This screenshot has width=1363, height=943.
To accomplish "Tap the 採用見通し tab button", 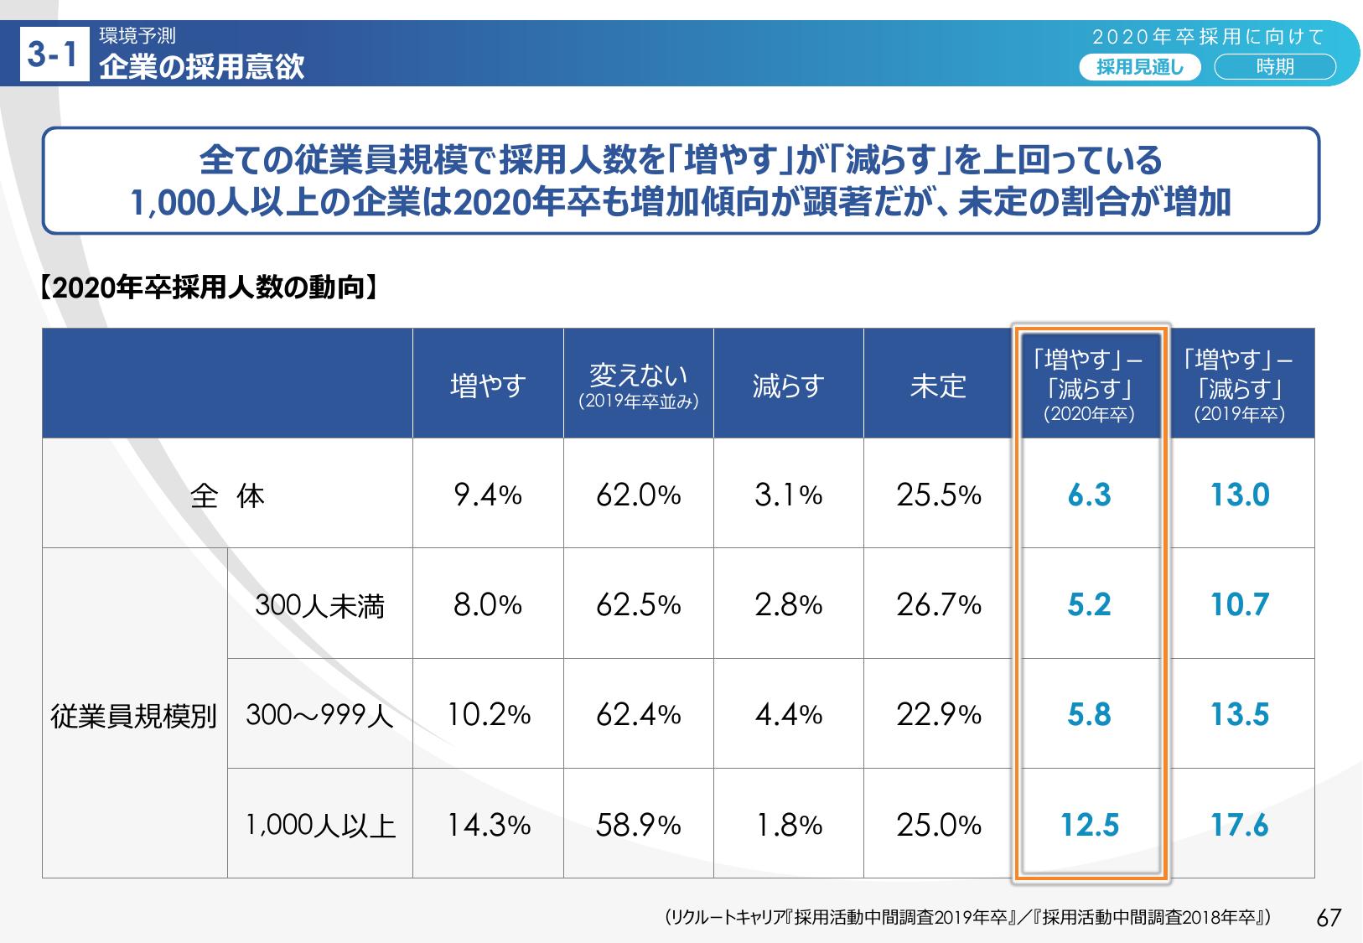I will point(1140,67).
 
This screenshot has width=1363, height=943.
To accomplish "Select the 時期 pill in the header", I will point(1274,67).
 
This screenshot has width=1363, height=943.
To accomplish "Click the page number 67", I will point(1329,917).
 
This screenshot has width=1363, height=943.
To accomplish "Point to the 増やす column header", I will point(487,386).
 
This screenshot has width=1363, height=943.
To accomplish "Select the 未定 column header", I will point(938,386).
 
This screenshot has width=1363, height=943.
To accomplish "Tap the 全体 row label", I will point(227,495).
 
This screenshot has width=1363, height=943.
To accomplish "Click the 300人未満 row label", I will point(319,604).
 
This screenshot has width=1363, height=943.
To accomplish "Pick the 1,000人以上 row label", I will point(319,826).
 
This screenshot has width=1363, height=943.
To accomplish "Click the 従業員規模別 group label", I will point(134,715).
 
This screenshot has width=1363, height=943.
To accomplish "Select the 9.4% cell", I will point(487,495).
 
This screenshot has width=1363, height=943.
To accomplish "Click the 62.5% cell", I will point(638,604).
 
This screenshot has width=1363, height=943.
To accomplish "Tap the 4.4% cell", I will point(788,715).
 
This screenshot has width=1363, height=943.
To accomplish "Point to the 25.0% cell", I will point(938,826).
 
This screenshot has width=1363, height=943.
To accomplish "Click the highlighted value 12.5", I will point(1089,826).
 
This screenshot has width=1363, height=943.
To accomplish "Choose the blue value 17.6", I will point(1240,826).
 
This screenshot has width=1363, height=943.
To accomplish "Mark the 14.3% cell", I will point(487,826).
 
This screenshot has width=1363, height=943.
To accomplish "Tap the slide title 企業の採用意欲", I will point(201,67).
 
